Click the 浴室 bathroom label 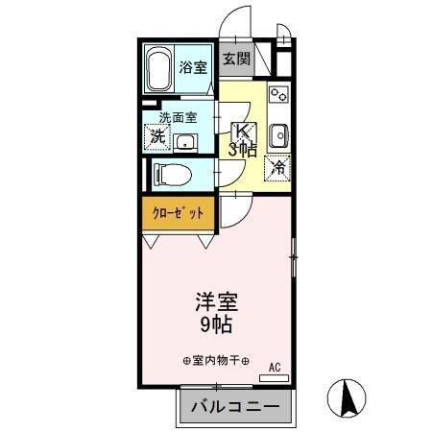click(x=193, y=67)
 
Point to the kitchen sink click(x=278, y=133)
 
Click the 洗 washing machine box click(x=156, y=137)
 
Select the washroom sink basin click(x=183, y=142)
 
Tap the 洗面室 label click(x=178, y=119)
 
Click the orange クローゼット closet click(x=180, y=213)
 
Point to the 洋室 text click(x=217, y=300)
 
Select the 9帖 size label click(x=217, y=324)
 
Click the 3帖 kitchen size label click(x=242, y=149)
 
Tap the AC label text click(x=274, y=367)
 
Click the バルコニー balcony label click(x=234, y=406)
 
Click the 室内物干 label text click(x=216, y=360)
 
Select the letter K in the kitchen click(x=243, y=131)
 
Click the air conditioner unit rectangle click(x=274, y=378)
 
